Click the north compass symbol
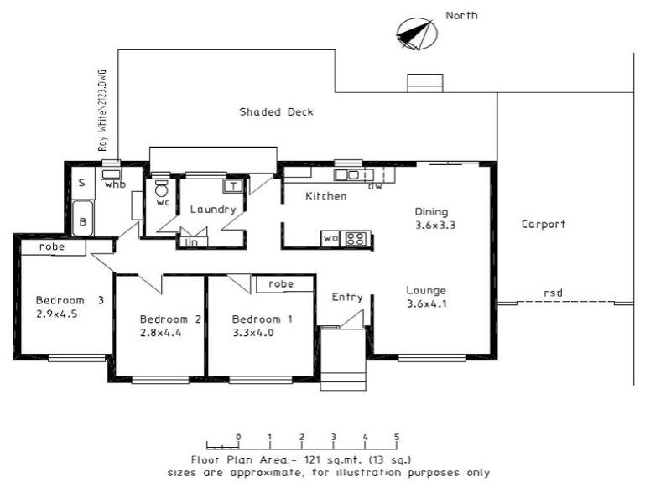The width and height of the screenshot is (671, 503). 417,34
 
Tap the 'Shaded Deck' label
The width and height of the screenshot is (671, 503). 277,112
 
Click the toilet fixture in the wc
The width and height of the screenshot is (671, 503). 161,188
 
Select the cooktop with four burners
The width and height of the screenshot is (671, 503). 356,239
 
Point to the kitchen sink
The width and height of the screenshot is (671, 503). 347,175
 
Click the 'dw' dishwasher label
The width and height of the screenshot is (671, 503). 375,186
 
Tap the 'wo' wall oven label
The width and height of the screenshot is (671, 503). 330,238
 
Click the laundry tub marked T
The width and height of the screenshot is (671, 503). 233,186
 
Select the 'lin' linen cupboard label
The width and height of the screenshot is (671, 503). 191,242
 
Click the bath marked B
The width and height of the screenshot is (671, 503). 82,218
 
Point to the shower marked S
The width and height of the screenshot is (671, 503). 81,183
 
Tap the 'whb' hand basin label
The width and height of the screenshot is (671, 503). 115,184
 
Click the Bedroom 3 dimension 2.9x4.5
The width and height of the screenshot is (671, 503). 57,314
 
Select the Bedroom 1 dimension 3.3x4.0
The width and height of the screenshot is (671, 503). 253,333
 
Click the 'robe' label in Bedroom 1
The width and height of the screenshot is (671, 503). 281,283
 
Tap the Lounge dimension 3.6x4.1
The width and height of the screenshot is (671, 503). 427,304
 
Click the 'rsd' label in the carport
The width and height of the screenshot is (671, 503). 553,293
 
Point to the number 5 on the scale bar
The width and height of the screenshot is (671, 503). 397,437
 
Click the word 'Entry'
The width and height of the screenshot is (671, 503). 347,298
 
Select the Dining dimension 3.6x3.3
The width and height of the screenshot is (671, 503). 435,225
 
